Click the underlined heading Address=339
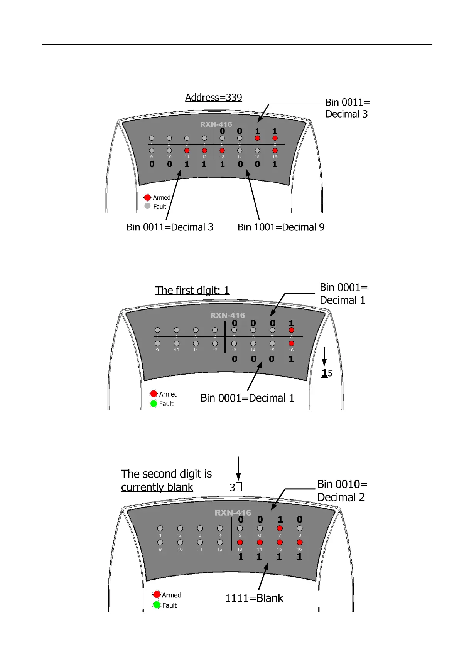[213, 98]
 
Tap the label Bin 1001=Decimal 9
[281, 227]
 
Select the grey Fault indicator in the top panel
[147, 206]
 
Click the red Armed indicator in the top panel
[147, 197]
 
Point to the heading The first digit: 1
[192, 290]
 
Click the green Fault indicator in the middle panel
[154, 404]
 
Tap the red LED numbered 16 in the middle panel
[291, 343]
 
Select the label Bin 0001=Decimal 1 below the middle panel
[247, 398]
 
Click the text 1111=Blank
[254, 598]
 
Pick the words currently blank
[157, 487]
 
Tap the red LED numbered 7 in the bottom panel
[280, 528]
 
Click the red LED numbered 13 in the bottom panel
[240, 542]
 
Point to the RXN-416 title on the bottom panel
[233, 513]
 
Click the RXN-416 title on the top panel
[216, 124]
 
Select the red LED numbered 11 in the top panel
[187, 151]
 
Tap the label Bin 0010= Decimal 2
[342, 491]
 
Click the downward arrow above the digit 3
[238, 468]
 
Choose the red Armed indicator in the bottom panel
[157, 594]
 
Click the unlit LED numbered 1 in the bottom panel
[160, 528]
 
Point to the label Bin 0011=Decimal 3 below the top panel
[170, 227]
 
